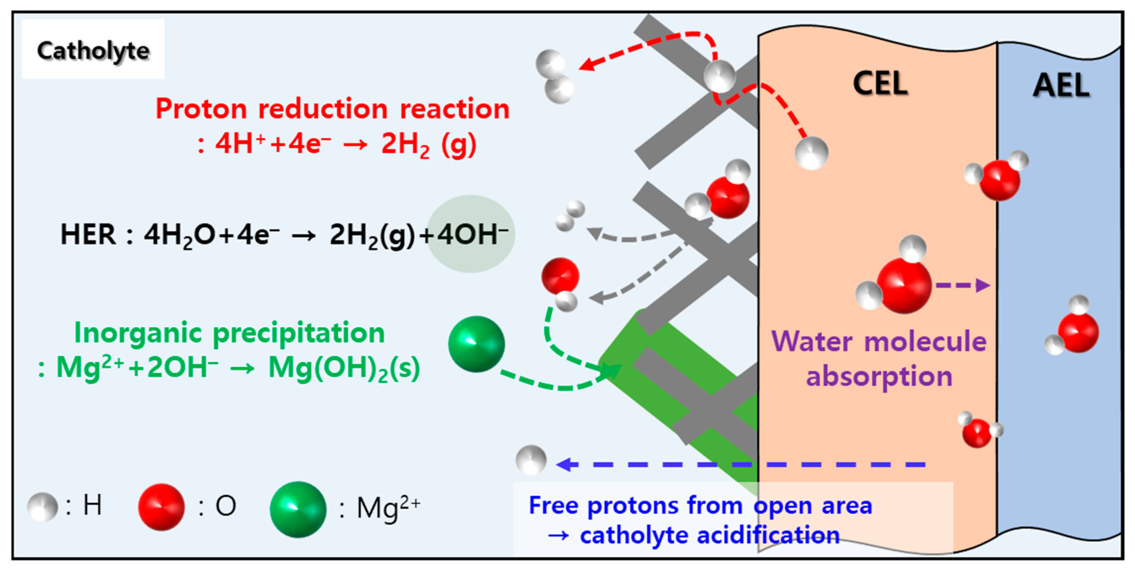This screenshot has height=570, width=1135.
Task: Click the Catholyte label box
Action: (x=93, y=50)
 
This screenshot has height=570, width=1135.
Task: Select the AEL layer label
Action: (x=1061, y=86)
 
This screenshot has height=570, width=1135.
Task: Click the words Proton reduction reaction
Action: (x=333, y=109)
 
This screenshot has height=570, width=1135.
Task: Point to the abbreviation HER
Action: (x=88, y=234)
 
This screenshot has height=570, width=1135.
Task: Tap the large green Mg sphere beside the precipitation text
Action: (x=476, y=344)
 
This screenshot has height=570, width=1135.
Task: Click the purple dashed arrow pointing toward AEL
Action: (x=963, y=285)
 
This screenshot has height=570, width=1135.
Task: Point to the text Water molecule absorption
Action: (x=879, y=359)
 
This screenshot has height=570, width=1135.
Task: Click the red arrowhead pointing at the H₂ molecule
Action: (x=587, y=65)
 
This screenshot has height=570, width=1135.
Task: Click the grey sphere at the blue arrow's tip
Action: (x=531, y=460)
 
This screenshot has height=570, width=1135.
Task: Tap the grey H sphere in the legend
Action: (x=42, y=507)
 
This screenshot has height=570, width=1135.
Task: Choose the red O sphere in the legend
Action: (x=161, y=507)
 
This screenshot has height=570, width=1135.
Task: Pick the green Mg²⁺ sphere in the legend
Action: (x=298, y=510)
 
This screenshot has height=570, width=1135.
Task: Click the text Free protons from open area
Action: (x=700, y=505)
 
